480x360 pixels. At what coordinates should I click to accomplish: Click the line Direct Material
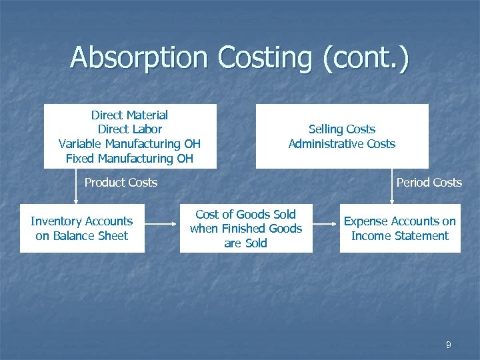pos(129,115)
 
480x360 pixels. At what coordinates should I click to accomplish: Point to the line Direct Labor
pos(129,129)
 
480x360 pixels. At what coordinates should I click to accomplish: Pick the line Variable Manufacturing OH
pos(129,144)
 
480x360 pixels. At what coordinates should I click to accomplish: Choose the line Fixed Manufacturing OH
pos(129,159)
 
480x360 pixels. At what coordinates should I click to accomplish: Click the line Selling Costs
pos(342,129)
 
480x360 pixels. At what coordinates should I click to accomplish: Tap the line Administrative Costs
pos(342,144)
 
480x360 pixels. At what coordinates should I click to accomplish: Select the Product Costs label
pos(121,183)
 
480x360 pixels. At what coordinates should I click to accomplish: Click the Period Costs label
pos(429,183)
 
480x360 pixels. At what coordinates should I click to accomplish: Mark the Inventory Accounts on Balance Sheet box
pos(82,229)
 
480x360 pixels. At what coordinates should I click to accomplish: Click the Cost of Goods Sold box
pos(246,229)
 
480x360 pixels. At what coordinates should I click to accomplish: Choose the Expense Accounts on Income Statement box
pos(400,229)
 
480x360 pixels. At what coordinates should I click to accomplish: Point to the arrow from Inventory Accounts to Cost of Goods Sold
pos(162,229)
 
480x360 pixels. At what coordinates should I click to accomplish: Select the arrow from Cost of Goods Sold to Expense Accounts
pos(326,229)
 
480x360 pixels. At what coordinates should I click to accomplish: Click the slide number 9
pos(448,345)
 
